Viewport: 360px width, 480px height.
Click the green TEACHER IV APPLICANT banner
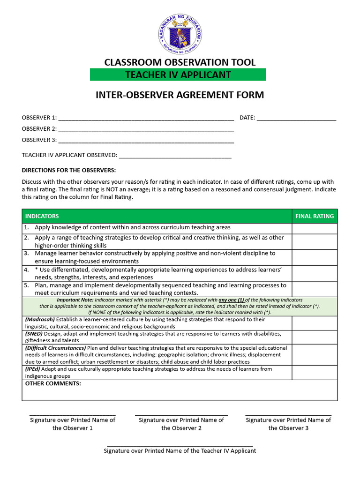pyautogui.click(x=178, y=75)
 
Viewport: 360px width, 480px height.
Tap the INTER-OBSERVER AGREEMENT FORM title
pyautogui.click(x=180, y=95)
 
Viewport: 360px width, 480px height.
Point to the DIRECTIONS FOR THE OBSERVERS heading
pyautogui.click(x=68, y=170)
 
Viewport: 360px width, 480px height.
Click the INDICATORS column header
pyautogui.click(x=42, y=216)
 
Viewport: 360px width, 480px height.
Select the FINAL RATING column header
pyautogui.click(x=315, y=216)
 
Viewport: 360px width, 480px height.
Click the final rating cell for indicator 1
pyautogui.click(x=315, y=228)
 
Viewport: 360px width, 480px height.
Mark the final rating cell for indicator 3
pyautogui.click(x=315, y=257)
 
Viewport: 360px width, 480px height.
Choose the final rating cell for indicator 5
pyautogui.click(x=315, y=289)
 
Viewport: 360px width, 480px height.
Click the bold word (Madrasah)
pyautogui.click(x=40, y=320)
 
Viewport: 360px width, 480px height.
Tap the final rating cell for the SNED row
pyautogui.click(x=315, y=337)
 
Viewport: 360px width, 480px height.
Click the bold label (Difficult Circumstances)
pyautogui.click(x=55, y=348)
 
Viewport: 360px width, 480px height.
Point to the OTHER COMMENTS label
pyautogui.click(x=53, y=383)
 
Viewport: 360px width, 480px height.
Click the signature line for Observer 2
pyautogui.click(x=181, y=415)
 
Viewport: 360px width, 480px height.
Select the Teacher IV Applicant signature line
pyautogui.click(x=180, y=446)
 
